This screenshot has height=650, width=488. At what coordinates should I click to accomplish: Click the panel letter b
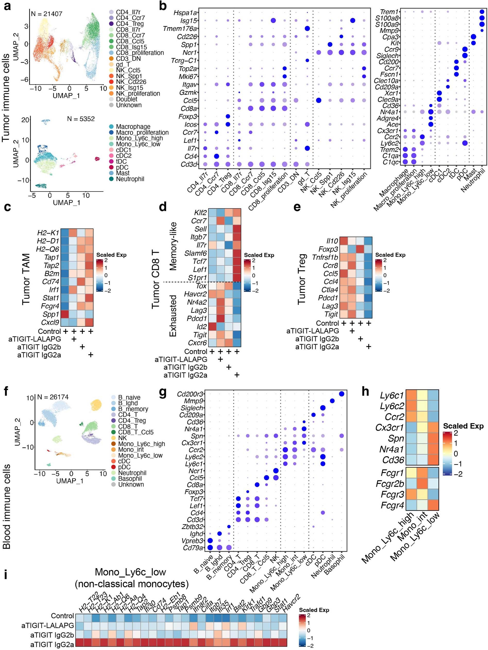click(163, 6)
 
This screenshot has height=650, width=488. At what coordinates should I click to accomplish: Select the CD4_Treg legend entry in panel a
click(130, 24)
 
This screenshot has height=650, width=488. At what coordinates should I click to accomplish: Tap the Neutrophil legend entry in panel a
click(130, 179)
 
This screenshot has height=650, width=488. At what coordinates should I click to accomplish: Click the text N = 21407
click(47, 14)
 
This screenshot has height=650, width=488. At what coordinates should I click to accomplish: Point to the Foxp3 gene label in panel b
click(188, 117)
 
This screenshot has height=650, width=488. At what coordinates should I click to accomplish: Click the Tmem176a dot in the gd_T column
click(307, 29)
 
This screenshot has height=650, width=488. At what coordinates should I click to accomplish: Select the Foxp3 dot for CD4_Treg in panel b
click(228, 116)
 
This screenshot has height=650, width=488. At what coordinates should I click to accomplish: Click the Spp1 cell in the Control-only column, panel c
click(65, 314)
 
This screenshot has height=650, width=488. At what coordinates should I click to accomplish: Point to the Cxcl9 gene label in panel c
click(50, 322)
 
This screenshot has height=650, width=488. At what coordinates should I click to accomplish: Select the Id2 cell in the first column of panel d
click(212, 326)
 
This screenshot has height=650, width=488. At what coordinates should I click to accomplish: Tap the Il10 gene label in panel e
click(332, 241)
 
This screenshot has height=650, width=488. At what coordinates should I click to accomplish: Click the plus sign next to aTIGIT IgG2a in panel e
click(369, 347)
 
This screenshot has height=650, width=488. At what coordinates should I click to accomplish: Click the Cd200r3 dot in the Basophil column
click(341, 394)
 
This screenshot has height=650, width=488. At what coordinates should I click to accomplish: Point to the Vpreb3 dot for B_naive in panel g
click(210, 541)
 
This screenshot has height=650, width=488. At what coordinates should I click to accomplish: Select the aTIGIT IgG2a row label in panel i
click(52, 644)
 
